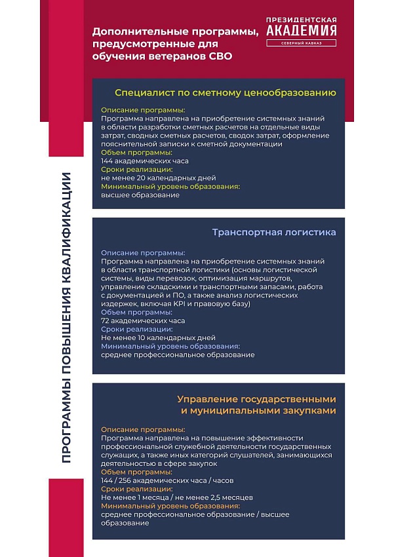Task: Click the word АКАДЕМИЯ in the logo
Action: pos(302,30)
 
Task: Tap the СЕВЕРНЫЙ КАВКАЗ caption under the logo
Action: pos(302,44)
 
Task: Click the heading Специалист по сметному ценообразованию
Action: pos(226,93)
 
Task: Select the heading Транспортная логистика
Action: pos(274,232)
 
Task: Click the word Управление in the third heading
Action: pos(204,398)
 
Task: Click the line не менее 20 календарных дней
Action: pos(158,178)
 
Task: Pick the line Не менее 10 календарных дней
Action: pos(158,338)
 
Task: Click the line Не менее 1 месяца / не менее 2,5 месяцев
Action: pos(177,497)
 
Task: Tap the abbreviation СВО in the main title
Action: pos(219,56)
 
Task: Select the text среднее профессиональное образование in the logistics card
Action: pos(178,355)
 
